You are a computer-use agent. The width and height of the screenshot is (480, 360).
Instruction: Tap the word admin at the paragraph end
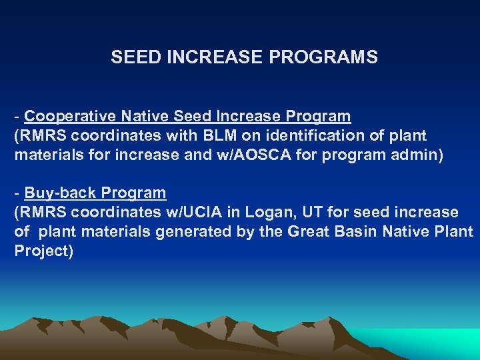click(x=419, y=155)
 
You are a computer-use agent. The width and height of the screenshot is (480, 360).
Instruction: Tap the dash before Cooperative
click(x=17, y=117)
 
